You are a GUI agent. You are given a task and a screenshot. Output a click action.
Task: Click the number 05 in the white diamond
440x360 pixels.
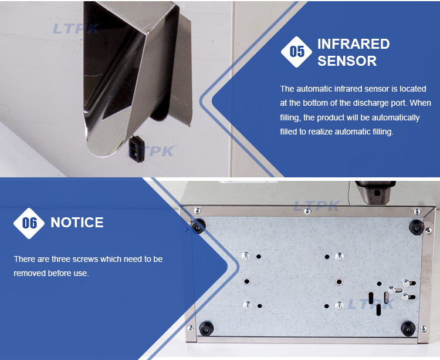tap(297, 52)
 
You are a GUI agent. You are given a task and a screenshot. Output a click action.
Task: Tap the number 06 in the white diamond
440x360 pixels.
tap(29, 223)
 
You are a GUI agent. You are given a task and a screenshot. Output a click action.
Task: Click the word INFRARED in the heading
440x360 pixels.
tap(354, 44)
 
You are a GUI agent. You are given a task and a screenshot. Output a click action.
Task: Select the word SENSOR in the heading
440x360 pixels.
tap(347, 61)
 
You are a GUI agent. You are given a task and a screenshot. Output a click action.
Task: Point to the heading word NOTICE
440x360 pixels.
tap(77, 223)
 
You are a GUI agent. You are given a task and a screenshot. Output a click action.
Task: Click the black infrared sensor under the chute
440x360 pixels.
tap(137, 149)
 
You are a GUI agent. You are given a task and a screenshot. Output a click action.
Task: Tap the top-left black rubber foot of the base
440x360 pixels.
tap(198, 226)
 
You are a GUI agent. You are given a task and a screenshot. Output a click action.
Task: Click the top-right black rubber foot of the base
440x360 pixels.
tap(417, 227)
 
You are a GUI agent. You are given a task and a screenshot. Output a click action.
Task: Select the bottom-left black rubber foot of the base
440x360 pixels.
tap(207, 328)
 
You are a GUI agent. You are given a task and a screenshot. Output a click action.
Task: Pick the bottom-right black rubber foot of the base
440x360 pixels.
tap(408, 328)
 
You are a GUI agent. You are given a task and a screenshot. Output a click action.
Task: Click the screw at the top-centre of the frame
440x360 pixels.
tap(307, 211)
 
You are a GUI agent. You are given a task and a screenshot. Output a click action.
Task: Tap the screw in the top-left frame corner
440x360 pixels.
tap(198, 210)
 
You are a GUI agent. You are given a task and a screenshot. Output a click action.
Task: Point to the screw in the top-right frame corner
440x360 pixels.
tap(417, 211)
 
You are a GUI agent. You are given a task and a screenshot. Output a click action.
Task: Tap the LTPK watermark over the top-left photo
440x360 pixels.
tap(76, 29)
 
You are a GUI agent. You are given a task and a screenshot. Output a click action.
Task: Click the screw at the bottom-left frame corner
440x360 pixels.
tap(191, 328)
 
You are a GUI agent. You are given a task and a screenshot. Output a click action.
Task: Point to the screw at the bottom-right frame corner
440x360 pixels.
tap(424, 328)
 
